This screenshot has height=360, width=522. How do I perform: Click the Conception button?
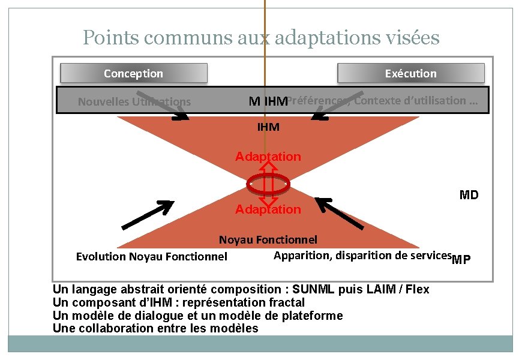tap(133, 73)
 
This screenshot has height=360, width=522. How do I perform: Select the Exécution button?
tap(410, 73)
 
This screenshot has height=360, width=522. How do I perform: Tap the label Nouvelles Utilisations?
tap(134, 102)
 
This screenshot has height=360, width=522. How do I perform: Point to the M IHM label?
tap(268, 102)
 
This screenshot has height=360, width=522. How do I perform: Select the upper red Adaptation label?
tap(268, 157)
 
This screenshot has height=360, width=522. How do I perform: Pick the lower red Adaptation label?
tap(268, 209)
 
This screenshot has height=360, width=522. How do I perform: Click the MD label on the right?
tap(469, 195)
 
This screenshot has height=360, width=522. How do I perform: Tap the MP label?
tap(461, 260)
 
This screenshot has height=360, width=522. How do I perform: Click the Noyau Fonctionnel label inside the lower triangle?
tap(268, 241)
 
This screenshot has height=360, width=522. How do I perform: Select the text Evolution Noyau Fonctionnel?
tap(152, 257)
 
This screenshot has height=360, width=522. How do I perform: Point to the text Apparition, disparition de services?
tap(362, 256)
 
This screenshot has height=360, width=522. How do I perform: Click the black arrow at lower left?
tap(148, 215)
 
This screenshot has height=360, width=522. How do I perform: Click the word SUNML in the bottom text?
tap(320, 289)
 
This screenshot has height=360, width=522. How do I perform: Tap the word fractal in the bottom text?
tap(287, 302)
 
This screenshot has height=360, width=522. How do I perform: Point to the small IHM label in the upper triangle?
tap(268, 127)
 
